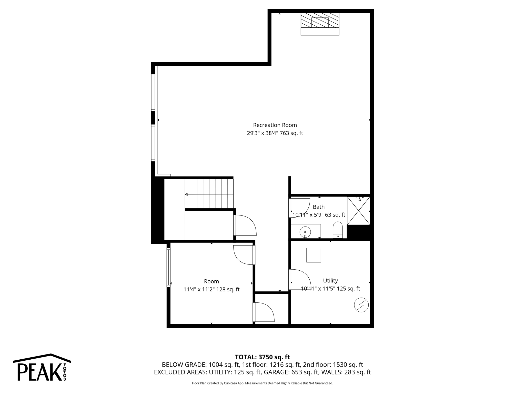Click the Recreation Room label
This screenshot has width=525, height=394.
[275, 125]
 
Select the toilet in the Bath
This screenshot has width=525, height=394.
[338, 230]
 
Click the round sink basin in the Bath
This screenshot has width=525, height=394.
[305, 232]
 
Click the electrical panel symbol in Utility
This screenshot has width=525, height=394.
[361, 305]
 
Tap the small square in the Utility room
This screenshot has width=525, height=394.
[314, 255]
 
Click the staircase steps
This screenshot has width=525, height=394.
[209, 194]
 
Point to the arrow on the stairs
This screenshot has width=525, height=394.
[187, 194]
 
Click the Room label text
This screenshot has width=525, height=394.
[211, 281]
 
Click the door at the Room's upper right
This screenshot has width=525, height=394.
[244, 255]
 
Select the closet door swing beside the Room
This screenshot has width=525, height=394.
[264, 312]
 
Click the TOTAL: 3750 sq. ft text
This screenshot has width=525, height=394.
[262, 357]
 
